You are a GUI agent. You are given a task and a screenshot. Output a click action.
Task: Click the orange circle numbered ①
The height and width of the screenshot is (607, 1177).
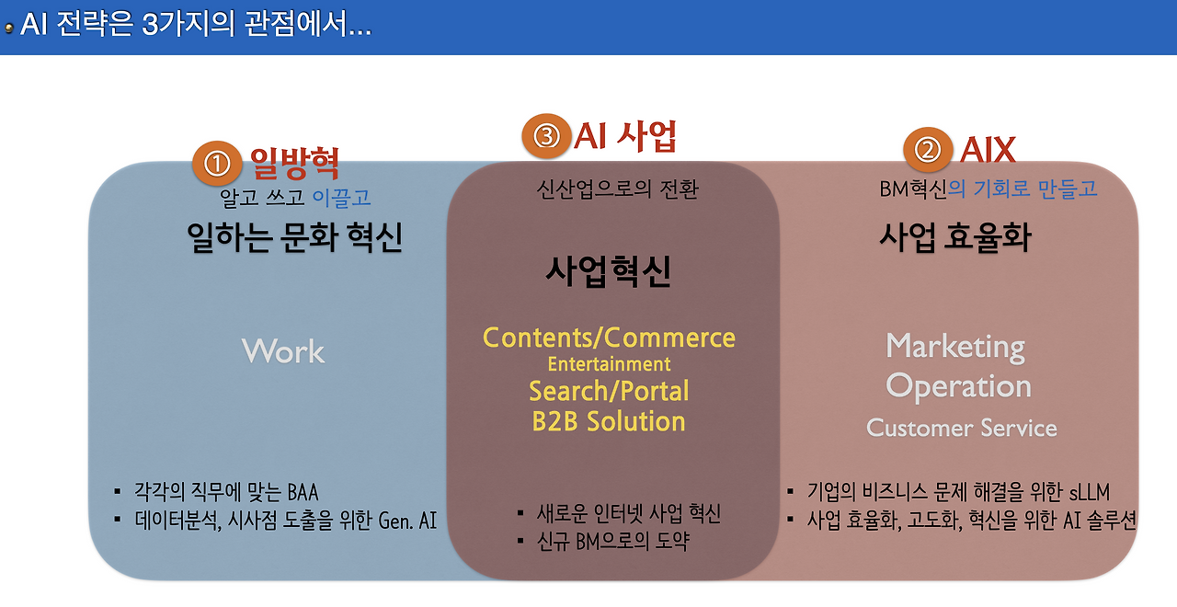tap(215, 164)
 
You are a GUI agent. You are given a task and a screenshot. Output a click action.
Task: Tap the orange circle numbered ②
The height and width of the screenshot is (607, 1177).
tap(927, 150)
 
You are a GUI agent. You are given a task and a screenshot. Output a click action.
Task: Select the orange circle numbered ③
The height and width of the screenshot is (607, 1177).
tap(546, 137)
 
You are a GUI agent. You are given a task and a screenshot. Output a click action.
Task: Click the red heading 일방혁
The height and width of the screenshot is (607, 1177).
tap(295, 163)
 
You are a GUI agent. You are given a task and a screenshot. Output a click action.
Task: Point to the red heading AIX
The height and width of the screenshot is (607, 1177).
tap(988, 149)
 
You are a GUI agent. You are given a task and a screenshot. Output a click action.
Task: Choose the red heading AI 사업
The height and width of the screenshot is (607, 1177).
tap(626, 136)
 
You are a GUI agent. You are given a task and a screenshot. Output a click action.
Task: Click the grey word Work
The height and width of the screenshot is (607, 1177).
tap(283, 350)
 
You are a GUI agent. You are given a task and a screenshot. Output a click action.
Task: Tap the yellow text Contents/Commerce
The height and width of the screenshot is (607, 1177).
tap(609, 338)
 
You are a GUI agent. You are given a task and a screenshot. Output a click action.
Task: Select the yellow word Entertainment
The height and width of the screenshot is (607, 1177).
tap(609, 364)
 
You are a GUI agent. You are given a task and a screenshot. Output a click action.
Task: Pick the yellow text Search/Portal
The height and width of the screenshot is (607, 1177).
tap(609, 391)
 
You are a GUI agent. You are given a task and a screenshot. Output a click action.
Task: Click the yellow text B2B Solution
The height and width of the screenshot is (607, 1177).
tap(609, 421)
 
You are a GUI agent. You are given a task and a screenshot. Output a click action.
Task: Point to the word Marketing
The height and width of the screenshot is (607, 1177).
tap(955, 347)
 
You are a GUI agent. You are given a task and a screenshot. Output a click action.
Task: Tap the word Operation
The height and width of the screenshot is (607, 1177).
tap(958, 386)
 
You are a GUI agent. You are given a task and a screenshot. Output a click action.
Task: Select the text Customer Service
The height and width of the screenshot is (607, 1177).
tap(962, 428)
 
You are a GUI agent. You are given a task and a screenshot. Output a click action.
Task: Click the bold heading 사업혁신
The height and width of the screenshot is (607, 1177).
tap(608, 271)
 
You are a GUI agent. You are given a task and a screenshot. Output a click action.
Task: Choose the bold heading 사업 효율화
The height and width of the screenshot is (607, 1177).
tap(955, 237)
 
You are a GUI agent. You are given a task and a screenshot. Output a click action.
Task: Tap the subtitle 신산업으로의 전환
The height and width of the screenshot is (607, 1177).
tap(617, 189)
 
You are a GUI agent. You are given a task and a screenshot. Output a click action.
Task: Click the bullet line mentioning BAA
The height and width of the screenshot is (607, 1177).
tap(226, 491)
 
